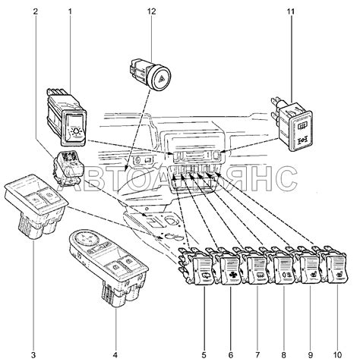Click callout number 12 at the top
tap(151, 11)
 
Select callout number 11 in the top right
tap(291, 11)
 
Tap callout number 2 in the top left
tap(36, 11)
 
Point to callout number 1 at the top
tap(70, 11)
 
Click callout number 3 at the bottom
tap(33, 355)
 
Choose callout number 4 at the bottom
tap(115, 355)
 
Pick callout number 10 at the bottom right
tap(337, 355)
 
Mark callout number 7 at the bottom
tap(257, 355)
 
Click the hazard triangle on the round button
tap(161, 81)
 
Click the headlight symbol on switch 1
tap(75, 131)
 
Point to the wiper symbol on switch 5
tap(204, 276)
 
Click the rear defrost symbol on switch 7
tap(259, 275)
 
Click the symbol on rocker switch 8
tap(286, 275)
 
